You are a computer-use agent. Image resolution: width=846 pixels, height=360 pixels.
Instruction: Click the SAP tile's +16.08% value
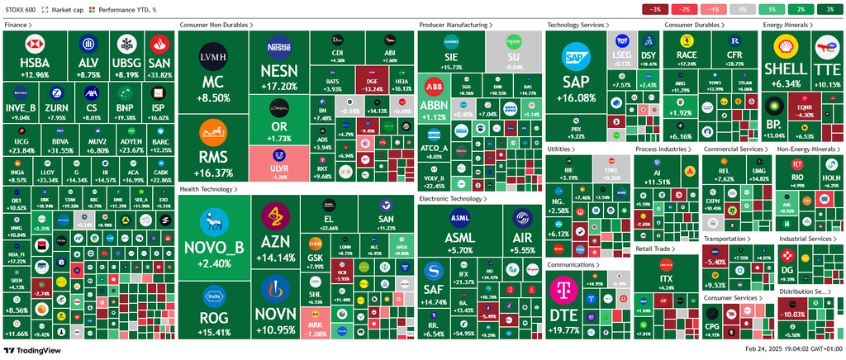click(577, 97)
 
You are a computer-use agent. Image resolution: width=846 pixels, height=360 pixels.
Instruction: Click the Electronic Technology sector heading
click(452, 199)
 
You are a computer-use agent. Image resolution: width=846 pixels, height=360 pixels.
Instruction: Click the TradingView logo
click(34, 350)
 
